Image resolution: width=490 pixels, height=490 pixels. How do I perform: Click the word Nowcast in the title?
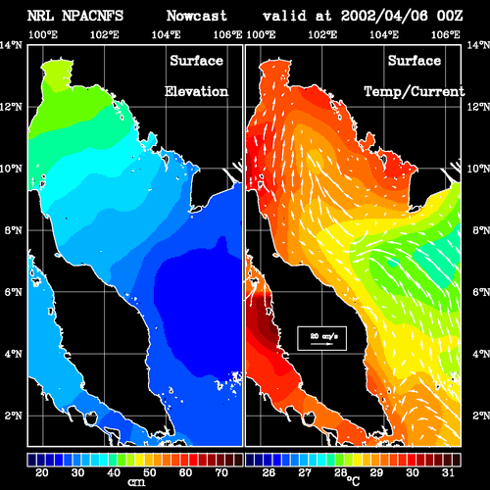click(x=197, y=16)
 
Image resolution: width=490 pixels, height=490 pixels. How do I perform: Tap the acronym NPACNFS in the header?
click(x=93, y=16)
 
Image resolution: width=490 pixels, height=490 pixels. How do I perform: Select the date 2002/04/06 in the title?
click(x=384, y=16)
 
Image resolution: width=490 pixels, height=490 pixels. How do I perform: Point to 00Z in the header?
click(x=450, y=16)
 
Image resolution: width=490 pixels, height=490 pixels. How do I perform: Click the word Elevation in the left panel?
click(x=196, y=91)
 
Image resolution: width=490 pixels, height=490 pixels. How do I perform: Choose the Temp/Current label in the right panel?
click(x=415, y=92)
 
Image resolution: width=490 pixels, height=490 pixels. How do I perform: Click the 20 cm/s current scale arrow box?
click(x=321, y=338)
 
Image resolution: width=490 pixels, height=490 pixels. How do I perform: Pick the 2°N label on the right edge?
click(x=480, y=416)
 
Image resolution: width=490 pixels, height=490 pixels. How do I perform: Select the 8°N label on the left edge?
click(x=14, y=230)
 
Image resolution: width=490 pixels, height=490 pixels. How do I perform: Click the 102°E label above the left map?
click(x=105, y=34)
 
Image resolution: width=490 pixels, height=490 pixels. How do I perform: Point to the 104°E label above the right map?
click(x=384, y=34)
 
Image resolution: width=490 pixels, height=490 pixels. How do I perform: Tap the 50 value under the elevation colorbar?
click(x=150, y=472)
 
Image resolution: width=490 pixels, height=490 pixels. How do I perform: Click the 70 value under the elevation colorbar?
click(x=221, y=472)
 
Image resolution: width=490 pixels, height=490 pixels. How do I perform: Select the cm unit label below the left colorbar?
click(x=136, y=482)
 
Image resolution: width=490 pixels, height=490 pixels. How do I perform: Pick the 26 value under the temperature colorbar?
click(x=269, y=472)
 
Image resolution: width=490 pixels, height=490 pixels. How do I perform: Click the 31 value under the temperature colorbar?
click(x=448, y=472)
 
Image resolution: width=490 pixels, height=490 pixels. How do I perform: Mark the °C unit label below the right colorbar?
click(x=353, y=481)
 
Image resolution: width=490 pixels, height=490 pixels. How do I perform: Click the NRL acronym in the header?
click(x=40, y=16)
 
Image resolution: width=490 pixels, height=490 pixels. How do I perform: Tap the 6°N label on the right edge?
click(x=480, y=292)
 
